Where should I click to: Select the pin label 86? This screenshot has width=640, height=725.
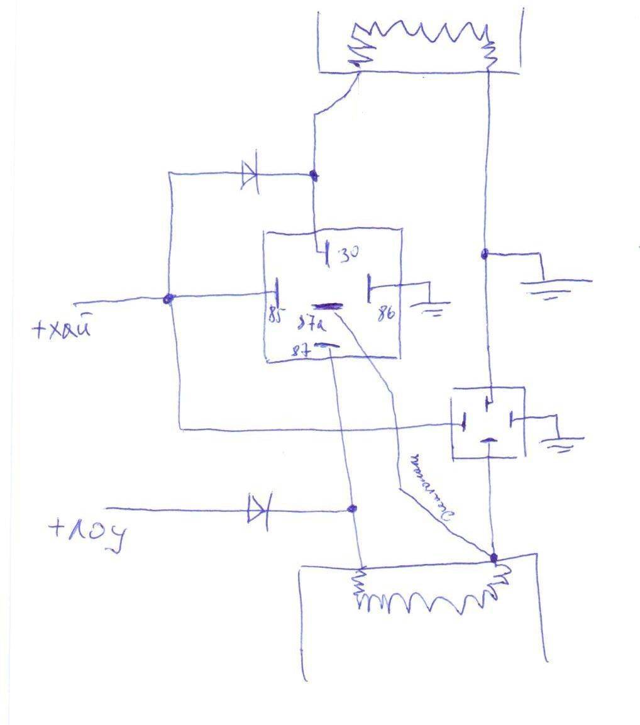pyautogui.click(x=386, y=313)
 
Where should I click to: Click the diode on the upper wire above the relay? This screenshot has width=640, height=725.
pyautogui.click(x=250, y=175)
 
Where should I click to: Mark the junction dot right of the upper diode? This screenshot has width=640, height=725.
pyautogui.click(x=313, y=175)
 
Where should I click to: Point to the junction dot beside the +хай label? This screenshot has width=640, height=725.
pyautogui.click(x=167, y=299)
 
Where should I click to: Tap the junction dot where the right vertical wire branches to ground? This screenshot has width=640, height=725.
pyautogui.click(x=485, y=254)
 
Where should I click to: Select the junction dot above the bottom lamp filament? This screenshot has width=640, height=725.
pyautogui.click(x=494, y=557)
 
